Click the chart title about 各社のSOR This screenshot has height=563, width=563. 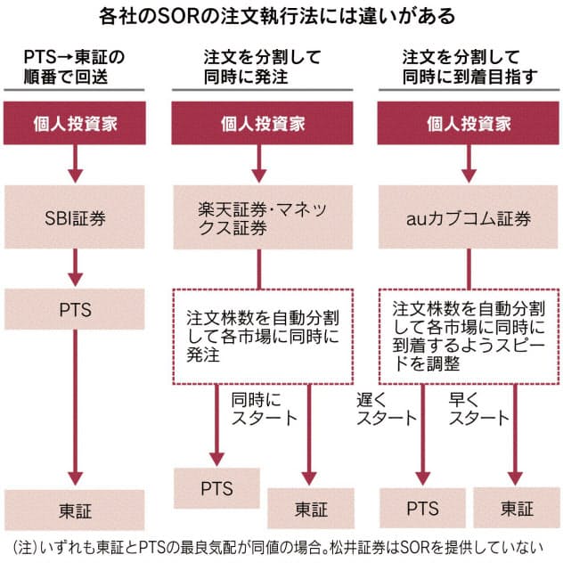click(x=281, y=17)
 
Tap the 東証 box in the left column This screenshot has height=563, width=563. click(x=75, y=510)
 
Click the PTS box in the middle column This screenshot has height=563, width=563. click(x=216, y=488)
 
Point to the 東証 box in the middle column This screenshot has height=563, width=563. click(x=310, y=510)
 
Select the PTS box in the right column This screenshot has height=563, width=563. click(x=422, y=510)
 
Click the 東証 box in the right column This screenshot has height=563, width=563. click(x=517, y=510)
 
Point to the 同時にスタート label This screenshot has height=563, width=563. click(x=264, y=408)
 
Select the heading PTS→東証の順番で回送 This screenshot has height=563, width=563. click(x=75, y=67)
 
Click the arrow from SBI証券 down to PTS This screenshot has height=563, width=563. click(x=75, y=264)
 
